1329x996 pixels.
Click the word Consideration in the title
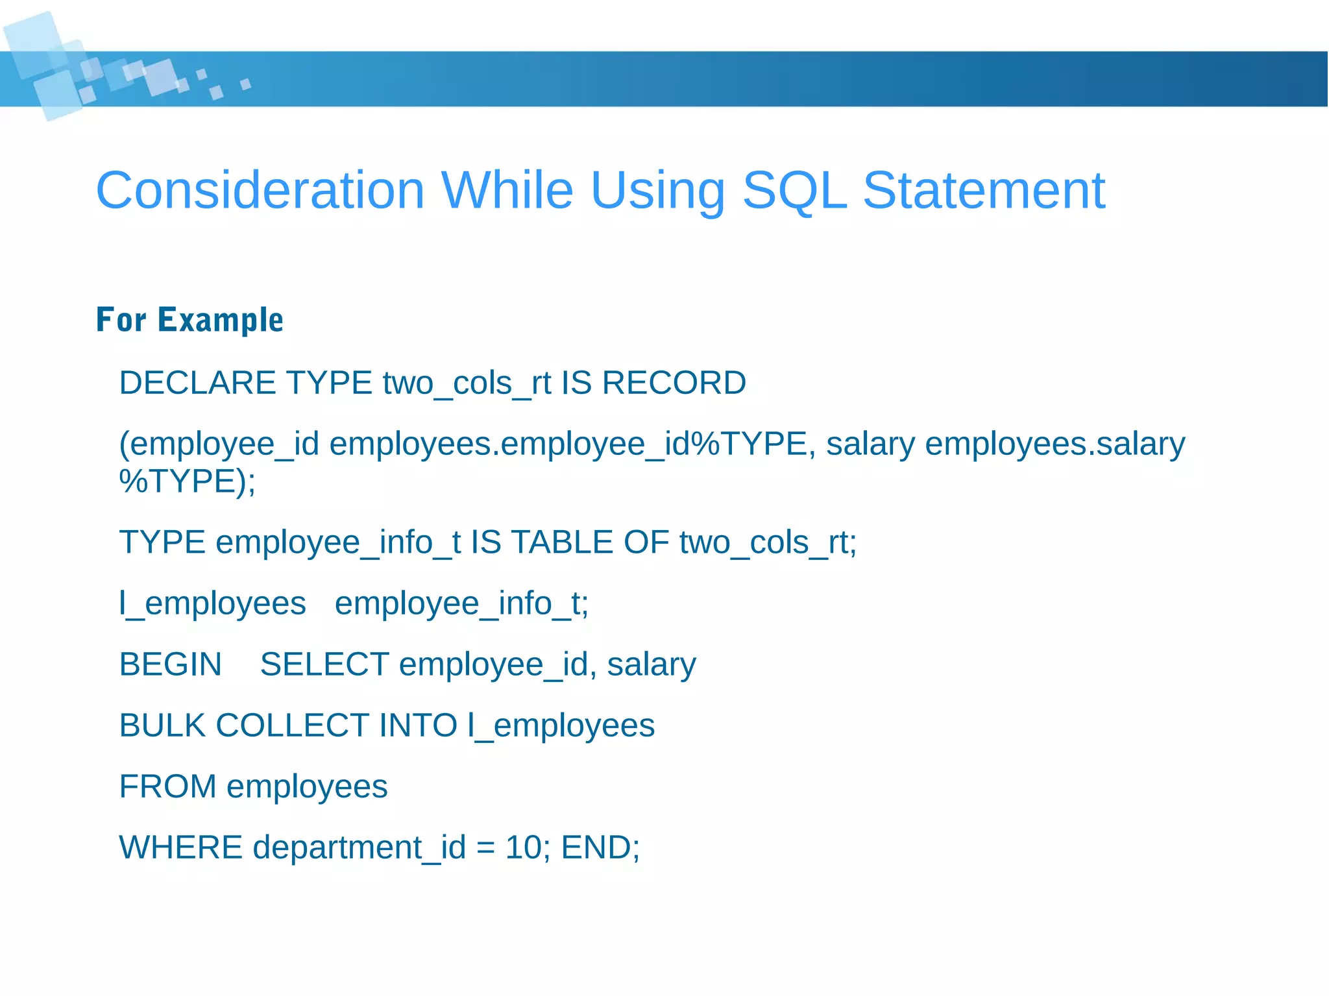pos(260,191)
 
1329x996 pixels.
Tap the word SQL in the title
pos(794,191)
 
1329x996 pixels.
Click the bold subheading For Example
pos(189,320)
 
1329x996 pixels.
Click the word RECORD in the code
pos(674,383)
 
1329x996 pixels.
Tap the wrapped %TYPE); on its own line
pos(188,481)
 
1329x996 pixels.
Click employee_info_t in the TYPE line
pos(337,542)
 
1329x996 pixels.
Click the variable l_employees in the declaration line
pos(212,604)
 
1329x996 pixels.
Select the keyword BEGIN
pos(170,665)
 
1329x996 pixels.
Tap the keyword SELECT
pos(324,665)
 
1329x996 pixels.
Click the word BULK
pos(162,726)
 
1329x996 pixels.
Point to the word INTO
pos(418,726)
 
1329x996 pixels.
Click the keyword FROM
pos(167,787)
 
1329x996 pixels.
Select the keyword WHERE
pos(180,848)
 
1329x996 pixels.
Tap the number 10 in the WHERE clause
pos(523,848)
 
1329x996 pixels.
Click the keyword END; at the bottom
pos(600,848)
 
